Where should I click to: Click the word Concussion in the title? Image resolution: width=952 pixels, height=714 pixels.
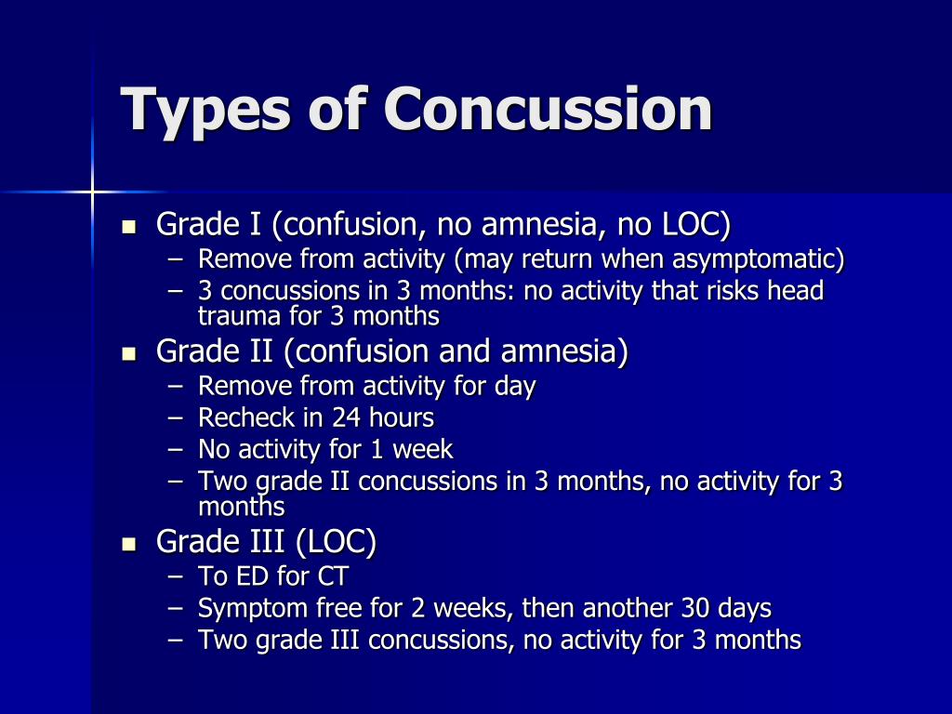(548, 110)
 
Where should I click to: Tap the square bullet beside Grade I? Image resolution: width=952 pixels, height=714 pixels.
(128, 227)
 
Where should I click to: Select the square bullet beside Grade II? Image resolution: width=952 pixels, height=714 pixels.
(128, 354)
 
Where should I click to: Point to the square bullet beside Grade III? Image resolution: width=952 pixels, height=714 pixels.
(128, 544)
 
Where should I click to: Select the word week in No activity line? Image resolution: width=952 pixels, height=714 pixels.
(423, 449)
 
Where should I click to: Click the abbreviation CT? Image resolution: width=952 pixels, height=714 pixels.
(333, 576)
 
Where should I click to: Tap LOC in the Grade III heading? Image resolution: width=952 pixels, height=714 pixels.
(335, 542)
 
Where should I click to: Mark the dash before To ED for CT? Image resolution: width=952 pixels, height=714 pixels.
(176, 577)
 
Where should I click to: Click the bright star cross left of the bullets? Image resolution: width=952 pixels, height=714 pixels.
(92, 192)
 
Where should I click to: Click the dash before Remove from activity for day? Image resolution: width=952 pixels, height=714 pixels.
(176, 387)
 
